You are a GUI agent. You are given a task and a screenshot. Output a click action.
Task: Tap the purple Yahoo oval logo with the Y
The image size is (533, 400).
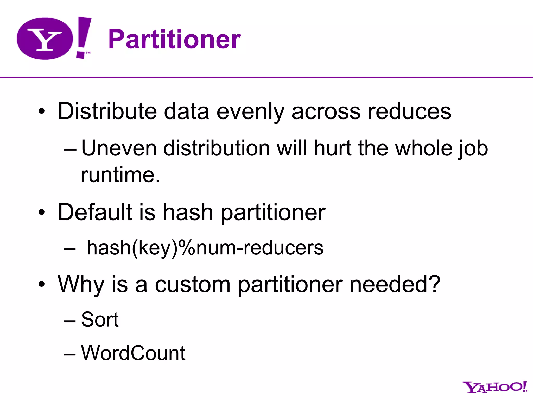coord(45,39)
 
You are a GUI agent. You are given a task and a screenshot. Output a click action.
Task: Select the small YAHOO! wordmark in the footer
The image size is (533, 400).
coord(494,387)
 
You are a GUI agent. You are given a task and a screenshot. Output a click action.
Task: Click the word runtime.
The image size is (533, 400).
coord(120,175)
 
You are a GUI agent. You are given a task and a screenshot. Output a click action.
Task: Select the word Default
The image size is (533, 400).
coord(95,212)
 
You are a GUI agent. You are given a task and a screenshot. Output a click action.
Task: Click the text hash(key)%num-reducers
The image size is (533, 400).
coord(205,247)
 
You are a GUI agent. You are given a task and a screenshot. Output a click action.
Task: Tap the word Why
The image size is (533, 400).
coord(81,284)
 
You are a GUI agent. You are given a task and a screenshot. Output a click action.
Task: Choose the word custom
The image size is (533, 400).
coord(193,284)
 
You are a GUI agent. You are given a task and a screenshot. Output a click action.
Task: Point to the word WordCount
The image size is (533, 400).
coord(133,353)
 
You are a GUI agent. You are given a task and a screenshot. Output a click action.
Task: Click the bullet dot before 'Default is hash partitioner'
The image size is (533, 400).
coord(42,212)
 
